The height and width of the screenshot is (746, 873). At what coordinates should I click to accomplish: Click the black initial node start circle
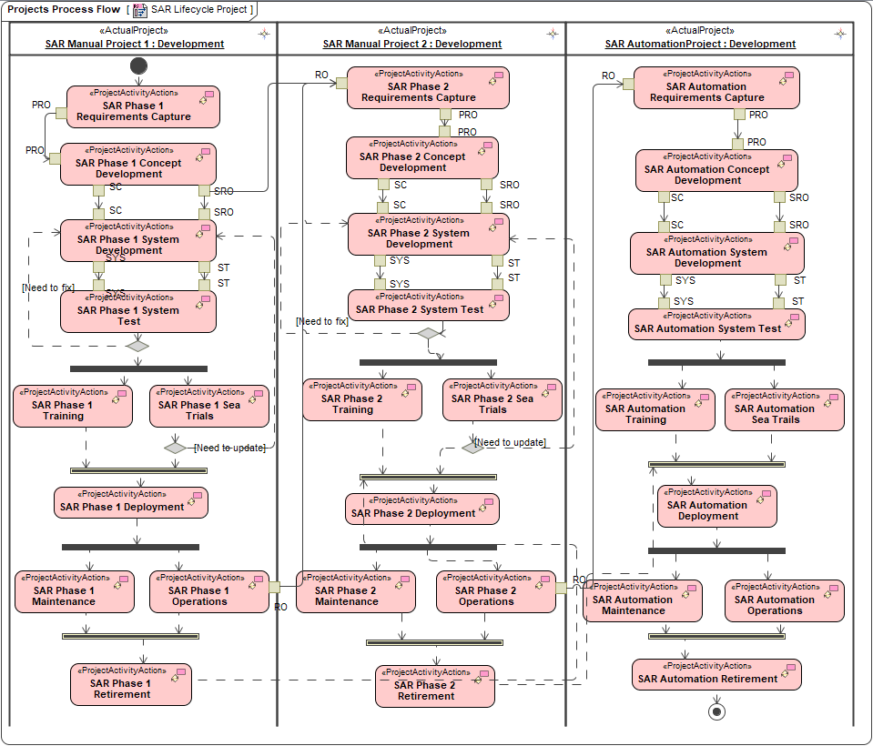(x=138, y=66)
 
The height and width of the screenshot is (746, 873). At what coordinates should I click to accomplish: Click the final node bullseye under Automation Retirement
(x=716, y=711)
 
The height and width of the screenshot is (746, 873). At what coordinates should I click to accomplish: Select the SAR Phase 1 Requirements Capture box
(x=143, y=106)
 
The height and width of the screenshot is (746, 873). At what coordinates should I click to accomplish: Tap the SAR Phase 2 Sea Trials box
(x=502, y=399)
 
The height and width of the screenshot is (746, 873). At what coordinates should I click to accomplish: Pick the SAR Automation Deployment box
(x=716, y=506)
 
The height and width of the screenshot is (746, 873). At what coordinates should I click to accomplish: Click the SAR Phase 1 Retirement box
(x=131, y=684)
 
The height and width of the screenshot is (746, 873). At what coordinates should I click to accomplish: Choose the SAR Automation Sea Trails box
(x=784, y=409)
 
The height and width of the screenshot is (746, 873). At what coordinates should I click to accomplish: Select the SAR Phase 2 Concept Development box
(x=421, y=157)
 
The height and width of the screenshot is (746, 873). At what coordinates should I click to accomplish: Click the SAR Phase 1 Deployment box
(x=130, y=502)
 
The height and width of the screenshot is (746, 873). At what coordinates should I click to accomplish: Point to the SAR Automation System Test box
(x=716, y=324)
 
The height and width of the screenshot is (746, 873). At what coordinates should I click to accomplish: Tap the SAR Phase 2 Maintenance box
(x=355, y=591)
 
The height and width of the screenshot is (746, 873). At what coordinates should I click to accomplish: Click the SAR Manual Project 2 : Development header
(x=411, y=44)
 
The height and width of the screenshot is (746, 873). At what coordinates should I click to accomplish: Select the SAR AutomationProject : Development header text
(x=700, y=44)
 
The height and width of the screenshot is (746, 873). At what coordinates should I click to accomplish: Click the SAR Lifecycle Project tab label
(x=198, y=9)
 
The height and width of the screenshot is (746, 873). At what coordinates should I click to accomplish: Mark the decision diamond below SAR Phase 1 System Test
(x=137, y=345)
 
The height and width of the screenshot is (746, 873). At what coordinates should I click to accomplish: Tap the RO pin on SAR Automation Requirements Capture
(x=628, y=84)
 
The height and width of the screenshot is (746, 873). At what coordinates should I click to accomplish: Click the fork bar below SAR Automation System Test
(x=716, y=362)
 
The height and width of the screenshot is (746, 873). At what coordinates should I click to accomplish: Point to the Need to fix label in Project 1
(x=48, y=287)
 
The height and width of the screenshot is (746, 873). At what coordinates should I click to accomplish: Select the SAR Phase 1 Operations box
(x=209, y=591)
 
